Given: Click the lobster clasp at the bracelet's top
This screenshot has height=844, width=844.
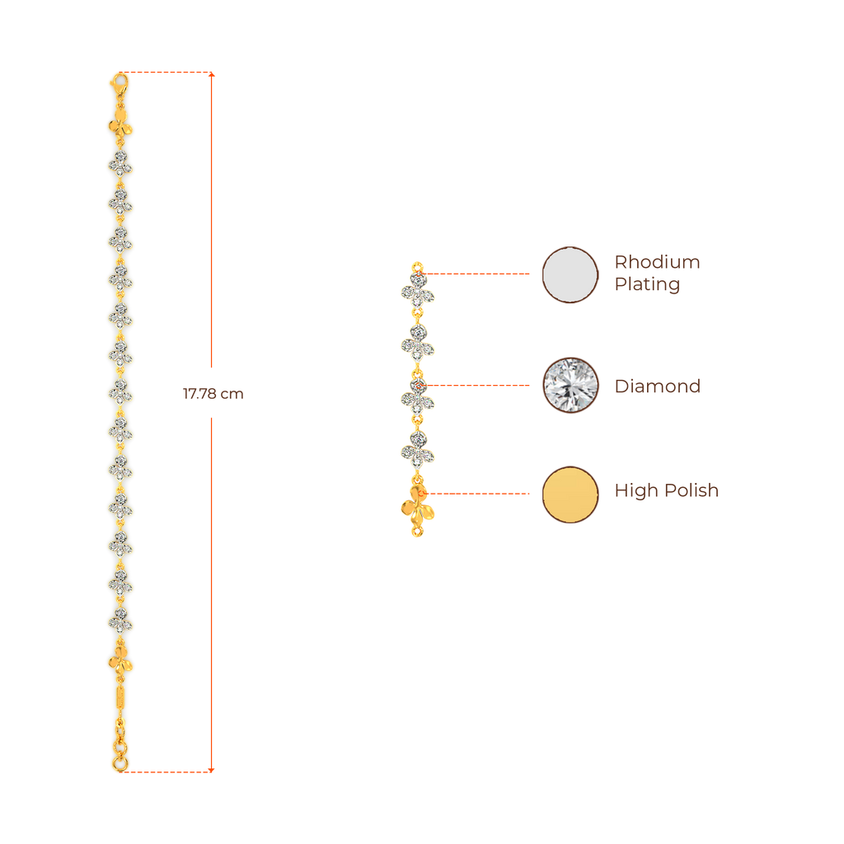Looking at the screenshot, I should [120, 82].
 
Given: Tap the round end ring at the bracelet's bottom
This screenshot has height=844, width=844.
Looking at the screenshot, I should [120, 764].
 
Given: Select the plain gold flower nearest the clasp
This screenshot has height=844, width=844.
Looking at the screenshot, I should [121, 127].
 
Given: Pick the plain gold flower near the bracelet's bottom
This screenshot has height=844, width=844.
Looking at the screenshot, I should [120, 660].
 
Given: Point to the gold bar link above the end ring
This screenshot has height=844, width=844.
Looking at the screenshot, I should [120, 698].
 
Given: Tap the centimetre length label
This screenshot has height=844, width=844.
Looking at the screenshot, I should [213, 393].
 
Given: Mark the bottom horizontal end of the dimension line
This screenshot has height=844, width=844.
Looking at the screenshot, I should [169, 771].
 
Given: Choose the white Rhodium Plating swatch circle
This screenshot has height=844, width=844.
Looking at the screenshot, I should [570, 274].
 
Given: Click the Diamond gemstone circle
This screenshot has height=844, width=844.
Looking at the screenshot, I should [570, 385].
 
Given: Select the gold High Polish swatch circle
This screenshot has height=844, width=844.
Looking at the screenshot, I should [570, 494].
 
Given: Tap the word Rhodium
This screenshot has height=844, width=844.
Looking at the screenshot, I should [657, 263].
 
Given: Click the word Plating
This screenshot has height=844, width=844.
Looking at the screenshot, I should [646, 285].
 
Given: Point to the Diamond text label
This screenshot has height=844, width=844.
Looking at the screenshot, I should [657, 386].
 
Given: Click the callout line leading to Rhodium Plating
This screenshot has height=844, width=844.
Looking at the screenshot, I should [478, 273].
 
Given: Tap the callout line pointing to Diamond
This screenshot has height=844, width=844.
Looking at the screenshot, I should [478, 385].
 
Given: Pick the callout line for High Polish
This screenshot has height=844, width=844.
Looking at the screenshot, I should [478, 494].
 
